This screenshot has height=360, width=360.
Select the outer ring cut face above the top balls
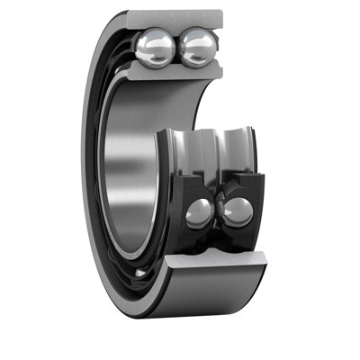point(175,19)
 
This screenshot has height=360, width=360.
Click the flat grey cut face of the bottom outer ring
point(216,262)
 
